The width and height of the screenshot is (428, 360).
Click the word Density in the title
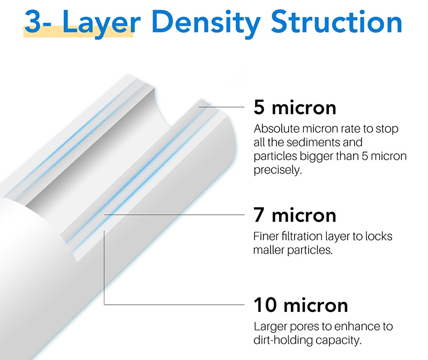coord(206,22)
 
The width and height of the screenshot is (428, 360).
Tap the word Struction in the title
coord(336,21)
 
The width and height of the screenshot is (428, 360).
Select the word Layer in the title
coord(102,24)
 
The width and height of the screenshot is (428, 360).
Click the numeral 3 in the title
coord(33,22)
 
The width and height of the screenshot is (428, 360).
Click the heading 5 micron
coord(295,108)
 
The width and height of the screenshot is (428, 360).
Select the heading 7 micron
coord(295,215)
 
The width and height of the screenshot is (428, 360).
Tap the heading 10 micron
coord(301,305)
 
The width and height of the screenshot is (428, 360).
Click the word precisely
coord(278,170)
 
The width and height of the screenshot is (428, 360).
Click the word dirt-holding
coord(283,340)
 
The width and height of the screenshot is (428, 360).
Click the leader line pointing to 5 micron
coord(221,107)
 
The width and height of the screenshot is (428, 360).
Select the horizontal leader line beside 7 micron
coord(174,215)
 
